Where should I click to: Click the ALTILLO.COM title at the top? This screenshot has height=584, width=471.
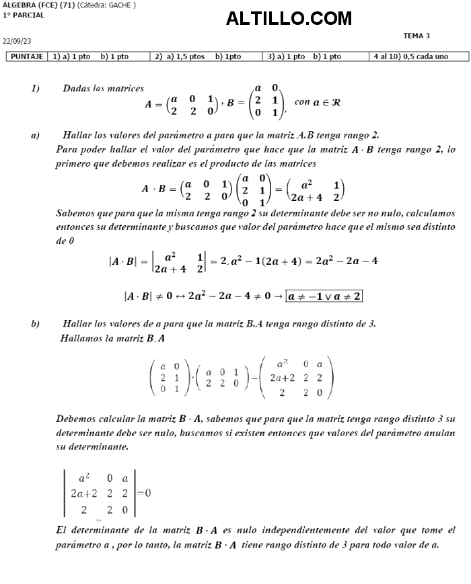[x=289, y=19]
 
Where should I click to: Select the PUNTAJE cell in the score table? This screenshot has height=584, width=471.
[x=27, y=57]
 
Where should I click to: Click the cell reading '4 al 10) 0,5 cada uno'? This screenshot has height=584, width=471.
[x=410, y=57]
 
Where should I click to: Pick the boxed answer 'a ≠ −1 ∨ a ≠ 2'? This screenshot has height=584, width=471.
[x=324, y=296]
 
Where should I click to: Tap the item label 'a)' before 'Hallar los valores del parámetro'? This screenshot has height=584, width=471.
[x=35, y=136]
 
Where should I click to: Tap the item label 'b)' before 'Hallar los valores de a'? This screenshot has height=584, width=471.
[x=35, y=324]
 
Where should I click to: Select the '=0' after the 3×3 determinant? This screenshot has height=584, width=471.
[x=143, y=493]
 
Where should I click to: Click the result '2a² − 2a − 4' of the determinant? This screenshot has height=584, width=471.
[x=347, y=261]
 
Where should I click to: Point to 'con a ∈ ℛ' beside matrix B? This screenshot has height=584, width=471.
[x=317, y=102]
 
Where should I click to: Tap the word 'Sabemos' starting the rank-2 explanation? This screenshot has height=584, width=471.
[x=76, y=214]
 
